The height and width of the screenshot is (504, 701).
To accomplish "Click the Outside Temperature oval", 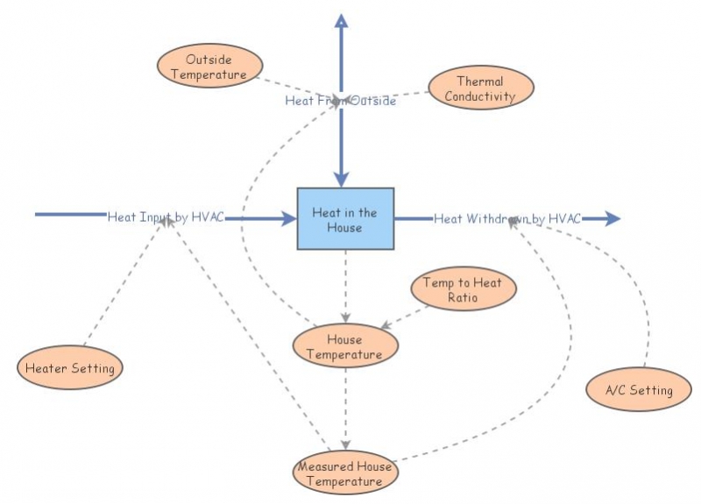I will [209, 67].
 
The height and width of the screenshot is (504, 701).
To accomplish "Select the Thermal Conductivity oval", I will [479, 89].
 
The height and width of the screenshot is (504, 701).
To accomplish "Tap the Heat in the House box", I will [344, 219].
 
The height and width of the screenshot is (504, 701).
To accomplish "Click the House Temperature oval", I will [344, 346].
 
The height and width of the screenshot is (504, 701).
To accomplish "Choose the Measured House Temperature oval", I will [344, 473].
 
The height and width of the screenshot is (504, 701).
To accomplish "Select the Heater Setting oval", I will [70, 368].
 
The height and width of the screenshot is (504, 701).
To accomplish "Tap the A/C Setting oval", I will [639, 390].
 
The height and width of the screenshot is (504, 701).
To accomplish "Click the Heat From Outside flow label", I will [341, 101].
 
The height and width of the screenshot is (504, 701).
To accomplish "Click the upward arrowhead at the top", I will [343, 21].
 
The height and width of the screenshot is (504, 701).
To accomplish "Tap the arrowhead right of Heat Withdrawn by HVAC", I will [611, 218].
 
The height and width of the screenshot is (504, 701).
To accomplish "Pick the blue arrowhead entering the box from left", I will [288, 218].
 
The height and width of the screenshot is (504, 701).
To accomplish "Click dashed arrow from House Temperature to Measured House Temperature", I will [345, 408].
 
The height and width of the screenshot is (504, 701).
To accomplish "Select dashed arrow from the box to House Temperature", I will [345, 285].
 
